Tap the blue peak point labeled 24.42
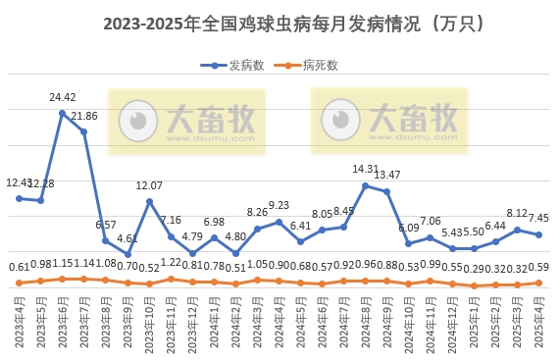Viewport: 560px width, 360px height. (x=62, y=113)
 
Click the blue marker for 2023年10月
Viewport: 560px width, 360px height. (x=149, y=201)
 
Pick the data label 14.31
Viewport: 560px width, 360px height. (x=365, y=170)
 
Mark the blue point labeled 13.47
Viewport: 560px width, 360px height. (x=386, y=190)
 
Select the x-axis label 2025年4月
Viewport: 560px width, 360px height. (x=538, y=321)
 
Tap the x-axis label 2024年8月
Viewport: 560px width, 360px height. (x=366, y=321)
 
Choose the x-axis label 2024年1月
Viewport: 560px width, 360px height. (x=215, y=321)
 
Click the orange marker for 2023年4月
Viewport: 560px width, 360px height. (x=19, y=283)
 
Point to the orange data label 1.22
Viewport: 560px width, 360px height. (x=171, y=263)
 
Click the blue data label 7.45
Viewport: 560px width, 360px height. (x=537, y=218)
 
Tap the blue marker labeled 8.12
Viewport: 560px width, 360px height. (x=517, y=230)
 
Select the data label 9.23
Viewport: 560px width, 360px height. (x=279, y=206)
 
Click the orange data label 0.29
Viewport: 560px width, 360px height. (x=474, y=268)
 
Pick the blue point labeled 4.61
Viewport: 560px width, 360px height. (x=127, y=254)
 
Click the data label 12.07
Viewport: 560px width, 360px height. (x=149, y=185)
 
